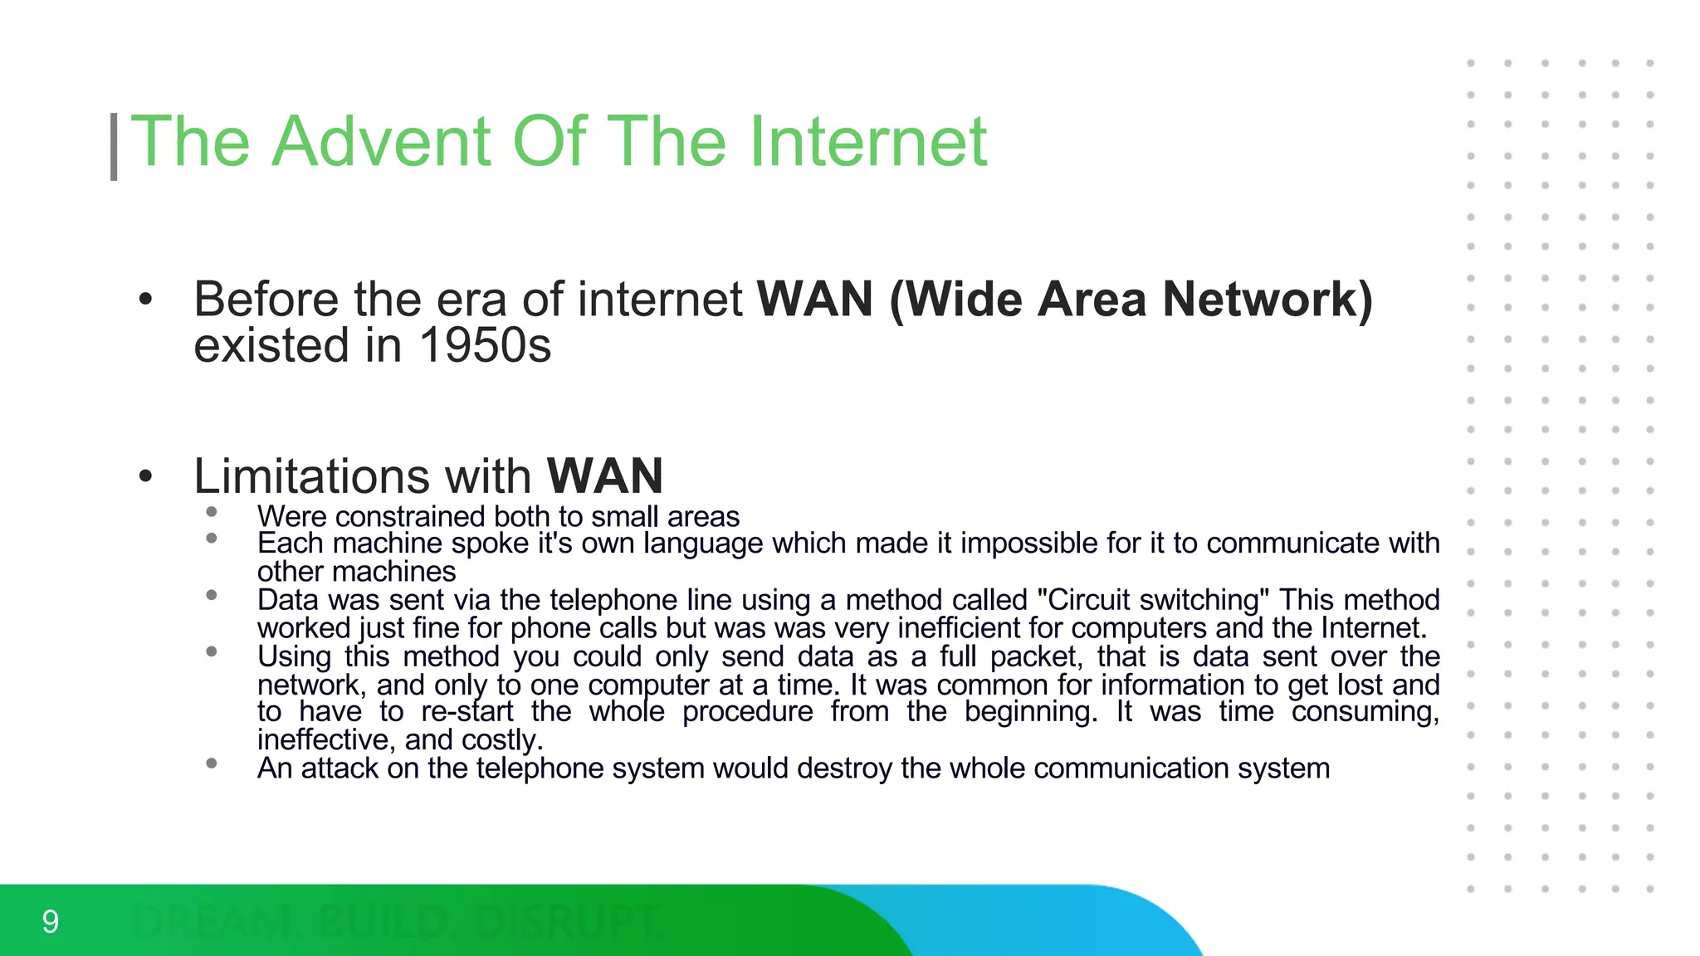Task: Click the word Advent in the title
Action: pos(384,142)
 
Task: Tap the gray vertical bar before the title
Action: pos(114,146)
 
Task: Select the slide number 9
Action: pos(51,922)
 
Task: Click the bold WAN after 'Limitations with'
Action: pos(604,476)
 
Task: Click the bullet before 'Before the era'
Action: pos(146,300)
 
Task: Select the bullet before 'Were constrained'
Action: pos(212,512)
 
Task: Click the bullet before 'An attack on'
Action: pos(212,763)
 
